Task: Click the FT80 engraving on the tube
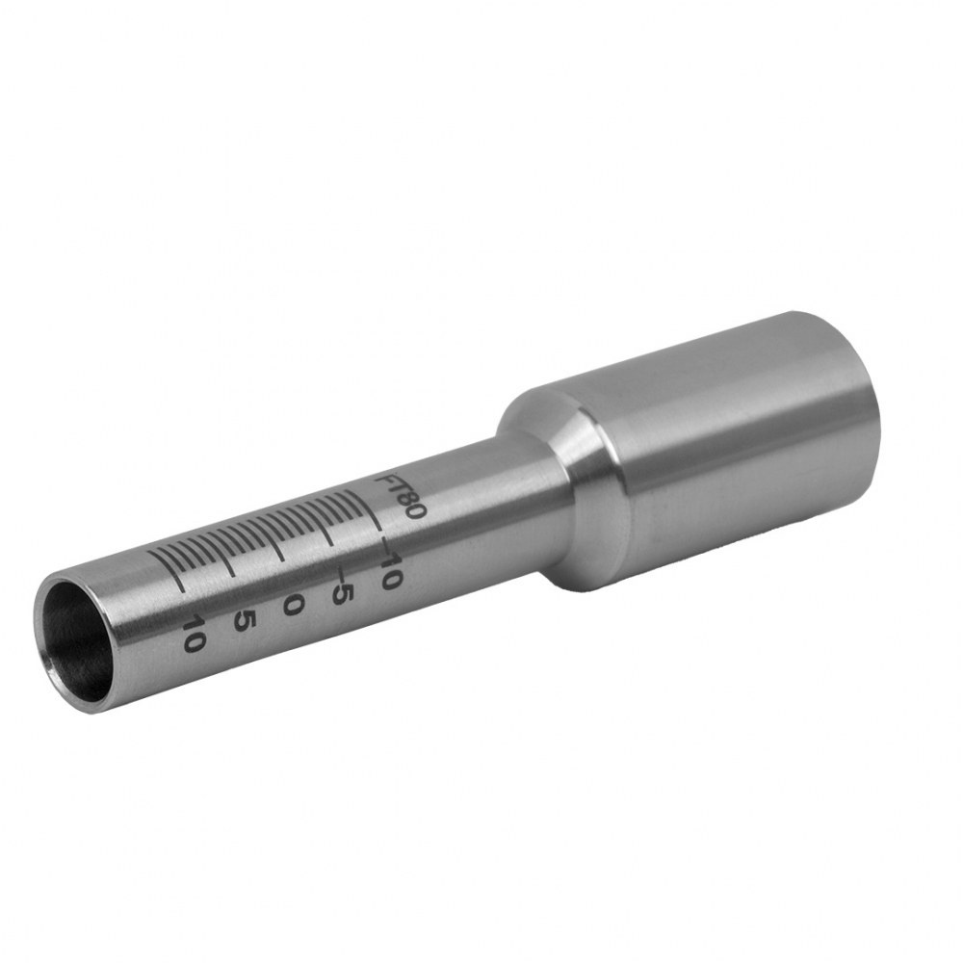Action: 400,495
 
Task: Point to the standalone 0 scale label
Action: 293,605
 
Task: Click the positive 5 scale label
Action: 244,620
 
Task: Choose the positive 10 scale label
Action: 194,633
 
